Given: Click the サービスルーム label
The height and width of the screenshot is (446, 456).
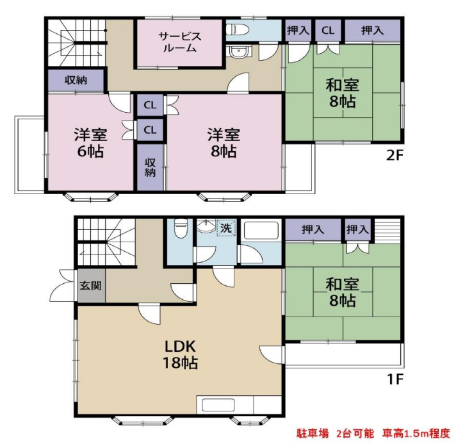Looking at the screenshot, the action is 180,42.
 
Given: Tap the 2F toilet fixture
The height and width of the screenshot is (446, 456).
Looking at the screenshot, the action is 237,29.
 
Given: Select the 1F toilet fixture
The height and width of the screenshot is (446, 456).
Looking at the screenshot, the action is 181,227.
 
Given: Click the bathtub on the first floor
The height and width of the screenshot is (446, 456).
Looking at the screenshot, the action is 261,231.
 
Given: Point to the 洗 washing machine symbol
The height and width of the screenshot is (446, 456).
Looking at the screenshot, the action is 226,227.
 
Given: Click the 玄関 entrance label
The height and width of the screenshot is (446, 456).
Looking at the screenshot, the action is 91,285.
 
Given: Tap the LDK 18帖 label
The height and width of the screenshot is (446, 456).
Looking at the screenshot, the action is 181,354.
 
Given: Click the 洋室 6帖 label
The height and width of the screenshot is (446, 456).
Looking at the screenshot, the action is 90,142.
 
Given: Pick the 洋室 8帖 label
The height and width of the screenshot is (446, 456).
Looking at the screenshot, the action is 224,142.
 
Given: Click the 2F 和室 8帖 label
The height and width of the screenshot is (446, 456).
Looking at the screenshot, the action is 342,93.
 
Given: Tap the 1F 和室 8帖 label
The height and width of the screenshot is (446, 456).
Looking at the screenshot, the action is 342,292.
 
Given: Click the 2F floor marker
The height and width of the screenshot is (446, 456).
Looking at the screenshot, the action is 395,156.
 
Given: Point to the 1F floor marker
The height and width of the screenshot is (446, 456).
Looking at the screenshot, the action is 395,379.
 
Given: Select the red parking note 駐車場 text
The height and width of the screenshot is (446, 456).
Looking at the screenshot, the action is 313,433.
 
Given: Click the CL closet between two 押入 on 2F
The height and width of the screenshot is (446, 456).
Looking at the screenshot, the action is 328,31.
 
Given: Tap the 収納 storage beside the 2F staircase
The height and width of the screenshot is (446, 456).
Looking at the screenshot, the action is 76,80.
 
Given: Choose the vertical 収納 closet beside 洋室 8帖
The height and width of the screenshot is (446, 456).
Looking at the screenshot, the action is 150,168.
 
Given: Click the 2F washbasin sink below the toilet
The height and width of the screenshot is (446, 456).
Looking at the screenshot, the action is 238,53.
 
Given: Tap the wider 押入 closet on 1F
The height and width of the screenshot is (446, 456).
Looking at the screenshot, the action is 313,229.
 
